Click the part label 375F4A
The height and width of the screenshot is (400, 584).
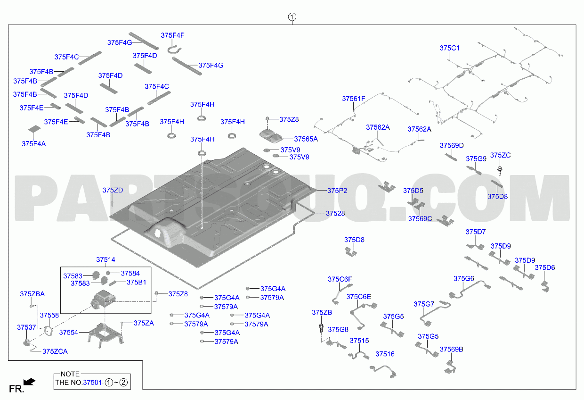point(33,143)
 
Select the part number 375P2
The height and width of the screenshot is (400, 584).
point(337,191)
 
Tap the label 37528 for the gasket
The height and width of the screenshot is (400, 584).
point(335,213)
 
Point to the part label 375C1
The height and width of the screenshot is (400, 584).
point(449,48)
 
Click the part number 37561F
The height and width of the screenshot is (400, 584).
point(354,99)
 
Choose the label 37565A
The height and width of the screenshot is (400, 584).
point(306,139)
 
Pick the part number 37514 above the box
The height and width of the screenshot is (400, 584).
point(105,259)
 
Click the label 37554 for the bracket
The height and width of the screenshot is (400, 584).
point(69,333)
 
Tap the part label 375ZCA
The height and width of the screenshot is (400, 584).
point(55,351)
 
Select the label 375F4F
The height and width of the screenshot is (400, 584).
point(172,35)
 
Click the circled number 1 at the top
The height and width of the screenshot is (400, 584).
point(292,17)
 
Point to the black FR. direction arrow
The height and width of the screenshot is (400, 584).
point(29,382)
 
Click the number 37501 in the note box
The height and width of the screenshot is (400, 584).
point(92,383)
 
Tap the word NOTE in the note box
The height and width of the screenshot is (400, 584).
point(70,374)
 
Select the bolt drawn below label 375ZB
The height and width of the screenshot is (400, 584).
point(321,328)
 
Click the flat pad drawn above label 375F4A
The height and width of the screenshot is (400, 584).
point(34,129)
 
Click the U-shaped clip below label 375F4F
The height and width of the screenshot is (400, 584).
point(174,50)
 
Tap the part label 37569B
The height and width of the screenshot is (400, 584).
point(451,350)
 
